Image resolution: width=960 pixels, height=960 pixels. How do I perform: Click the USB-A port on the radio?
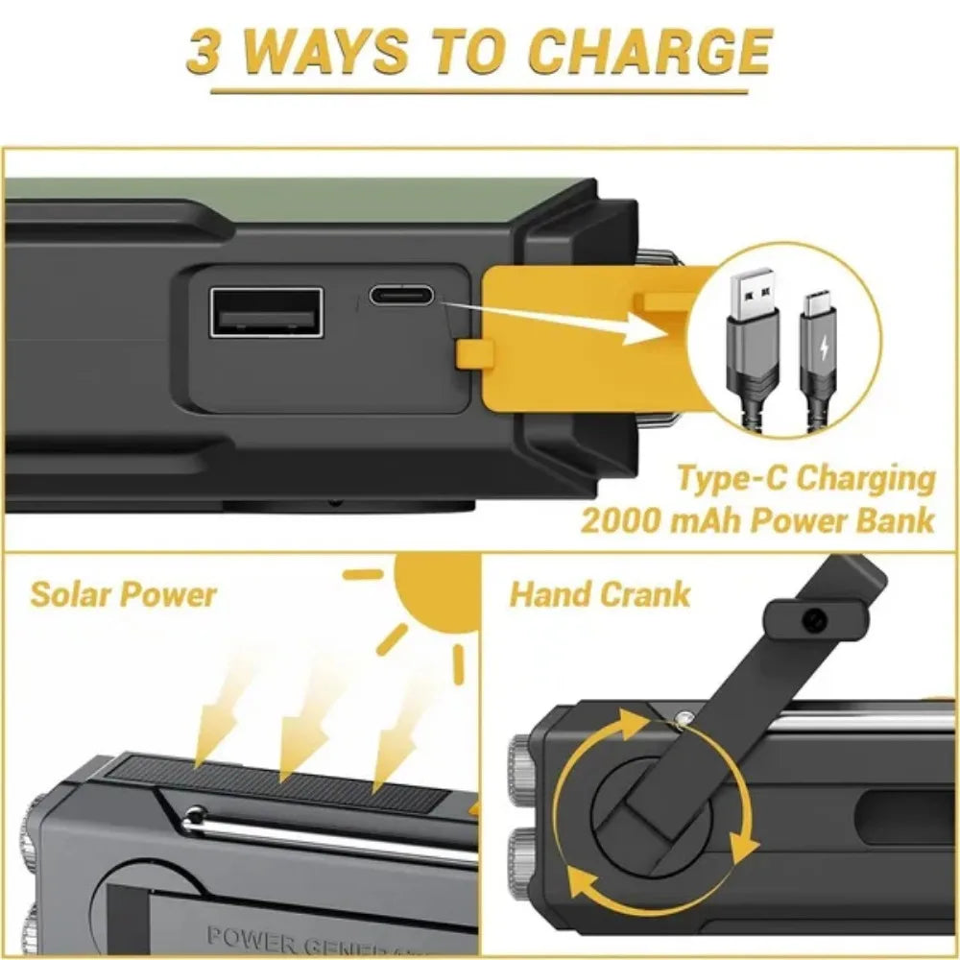[266, 324]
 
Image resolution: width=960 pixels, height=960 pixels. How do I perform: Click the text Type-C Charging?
[805, 477]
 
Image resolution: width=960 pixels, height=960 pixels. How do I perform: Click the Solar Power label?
[123, 593]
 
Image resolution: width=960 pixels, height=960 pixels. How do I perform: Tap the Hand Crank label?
[599, 593]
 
